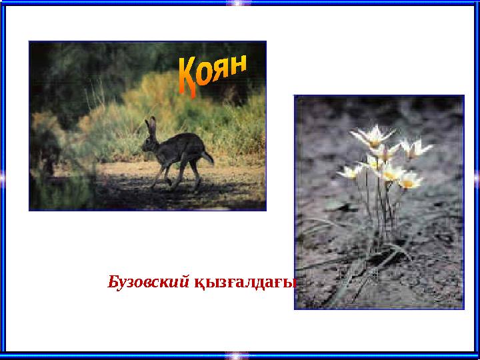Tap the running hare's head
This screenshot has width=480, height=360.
(149, 140)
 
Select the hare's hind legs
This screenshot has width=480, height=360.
(195, 172)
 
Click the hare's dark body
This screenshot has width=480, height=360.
(179, 149)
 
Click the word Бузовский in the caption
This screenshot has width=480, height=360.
(148, 281)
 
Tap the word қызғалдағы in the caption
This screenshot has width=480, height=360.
(245, 283)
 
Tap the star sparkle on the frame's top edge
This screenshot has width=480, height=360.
(238, 3)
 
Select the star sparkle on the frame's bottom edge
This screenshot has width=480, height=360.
(238, 355)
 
